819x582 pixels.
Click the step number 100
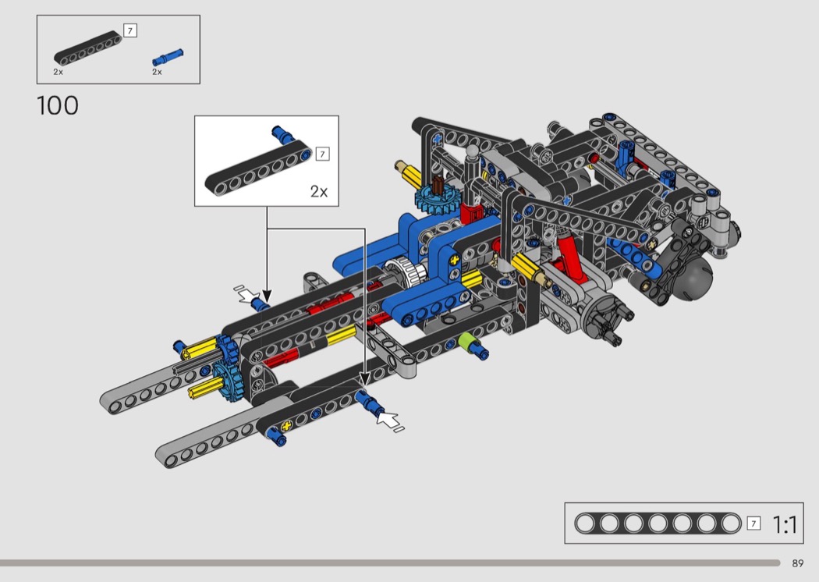click(x=58, y=105)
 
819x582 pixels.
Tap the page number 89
click(x=798, y=563)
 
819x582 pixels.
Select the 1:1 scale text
click(x=785, y=524)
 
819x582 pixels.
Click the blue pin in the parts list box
click(x=168, y=57)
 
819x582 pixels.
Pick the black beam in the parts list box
click(x=87, y=48)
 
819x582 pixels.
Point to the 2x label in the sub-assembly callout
click(x=318, y=191)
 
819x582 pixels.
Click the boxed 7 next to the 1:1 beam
click(x=753, y=523)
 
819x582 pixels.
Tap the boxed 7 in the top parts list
click(x=130, y=31)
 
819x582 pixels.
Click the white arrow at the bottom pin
click(x=388, y=420)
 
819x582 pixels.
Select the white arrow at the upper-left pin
click(x=247, y=295)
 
